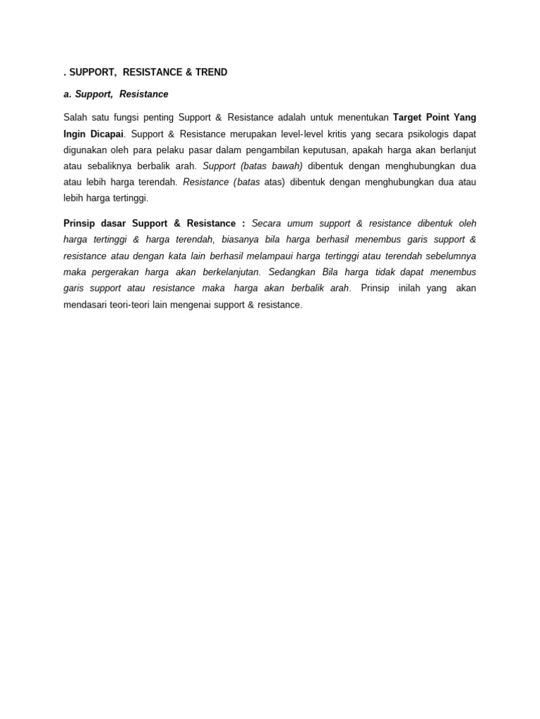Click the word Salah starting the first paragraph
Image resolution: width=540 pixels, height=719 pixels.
tap(76, 117)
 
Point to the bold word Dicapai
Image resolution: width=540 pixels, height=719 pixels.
tap(106, 133)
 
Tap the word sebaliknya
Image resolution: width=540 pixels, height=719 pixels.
tap(105, 166)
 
